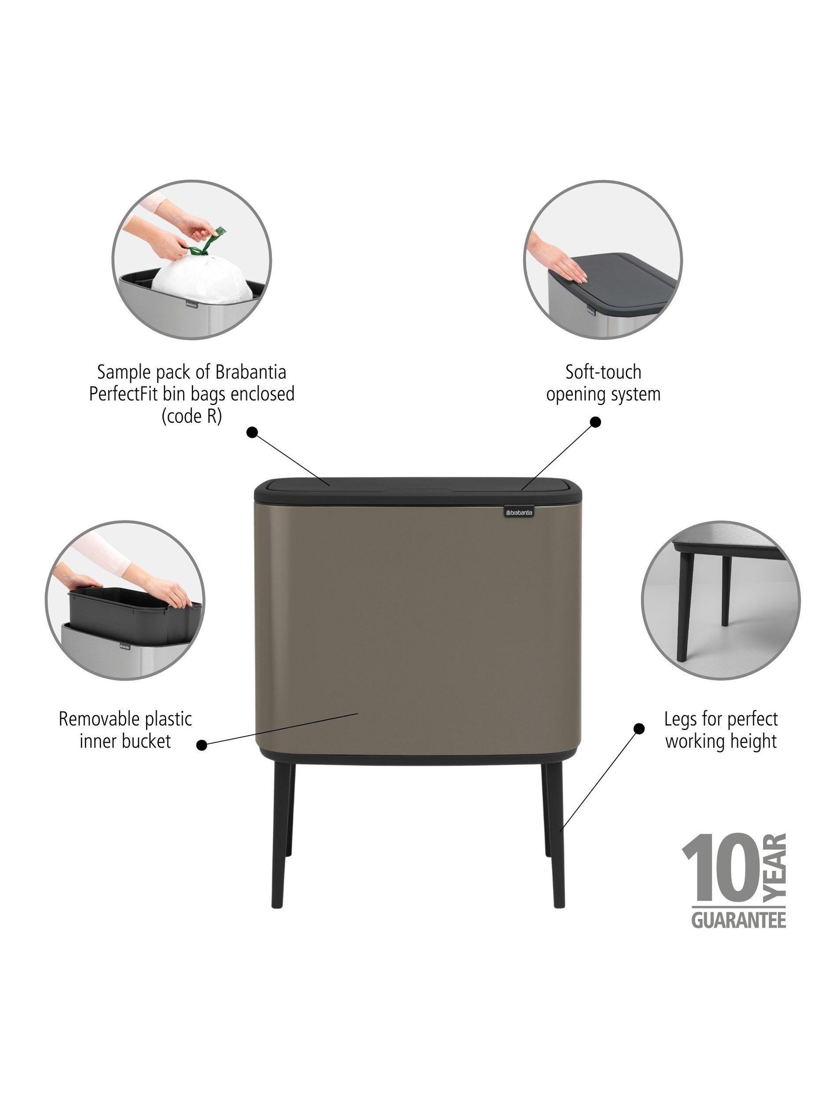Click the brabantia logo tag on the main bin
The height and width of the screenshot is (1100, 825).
pyautogui.click(x=519, y=512)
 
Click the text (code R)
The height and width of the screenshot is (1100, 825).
pyautogui.click(x=191, y=415)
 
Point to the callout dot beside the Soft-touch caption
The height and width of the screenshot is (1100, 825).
pyautogui.click(x=595, y=422)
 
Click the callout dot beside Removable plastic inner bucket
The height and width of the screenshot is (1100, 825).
pyautogui.click(x=202, y=745)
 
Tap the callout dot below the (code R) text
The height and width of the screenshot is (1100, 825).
pyautogui.click(x=252, y=432)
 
